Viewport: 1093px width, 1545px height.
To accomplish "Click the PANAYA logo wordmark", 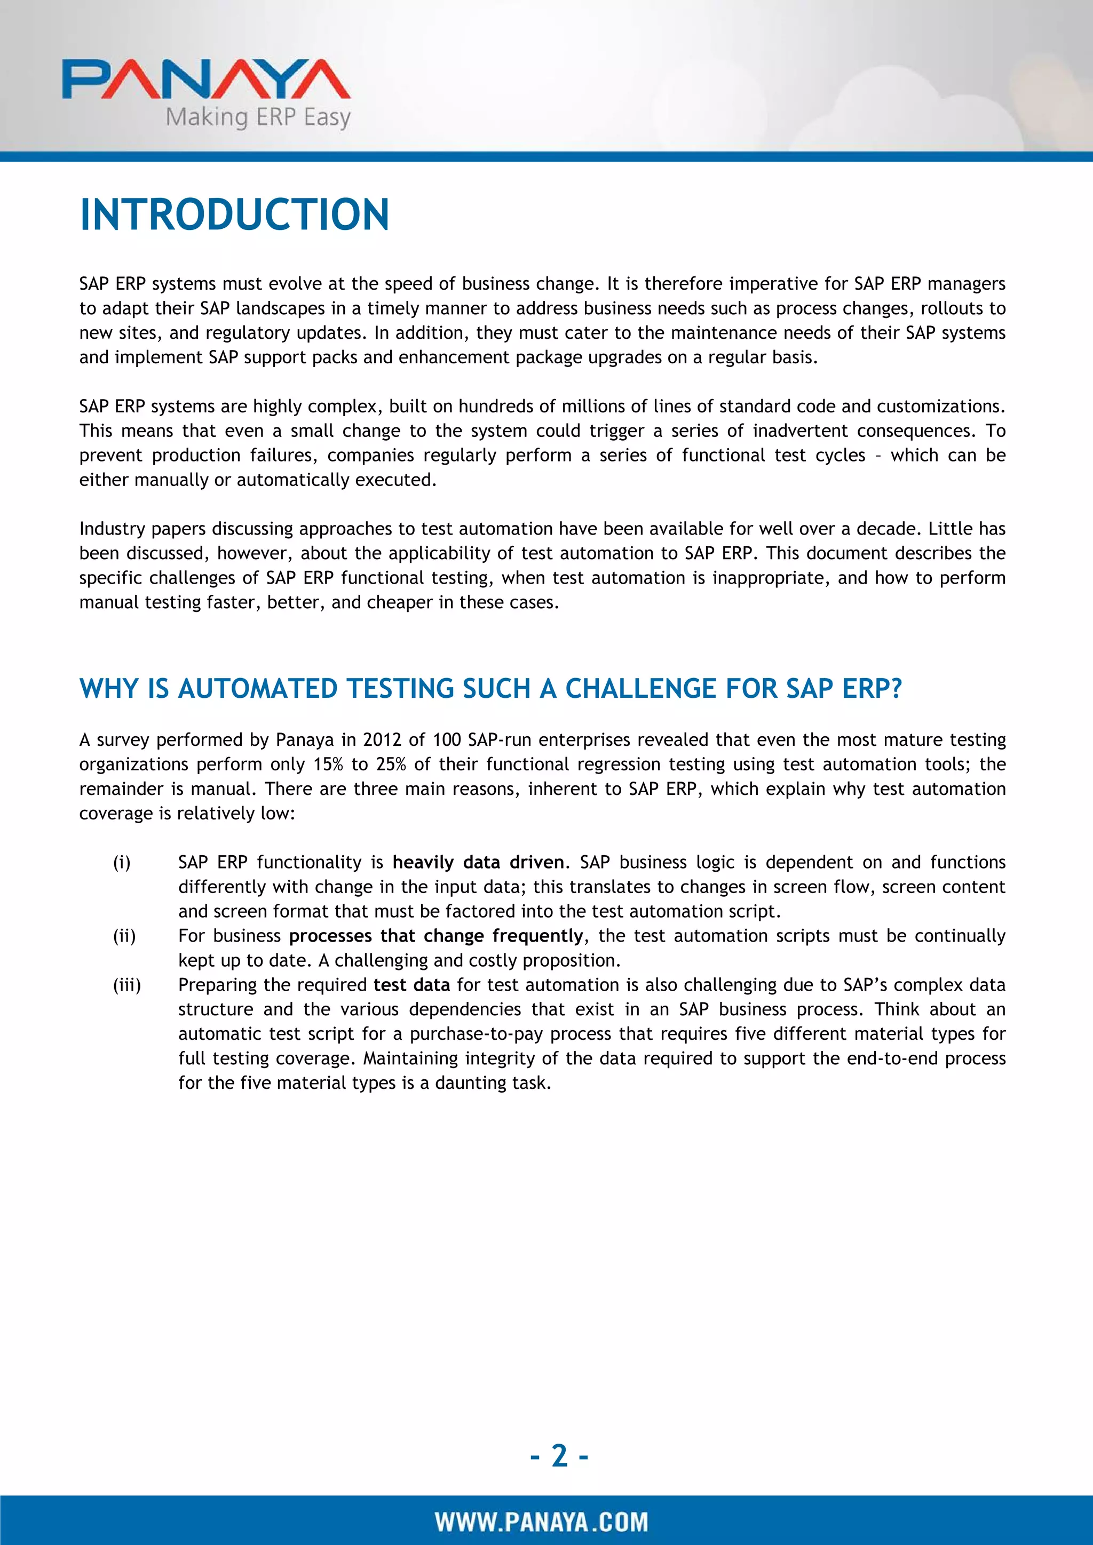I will coord(206,79).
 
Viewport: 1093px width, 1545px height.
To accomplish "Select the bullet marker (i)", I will coord(122,863).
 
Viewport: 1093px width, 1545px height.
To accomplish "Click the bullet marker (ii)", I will coord(124,936).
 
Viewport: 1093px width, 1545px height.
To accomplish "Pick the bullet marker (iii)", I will coord(126,985).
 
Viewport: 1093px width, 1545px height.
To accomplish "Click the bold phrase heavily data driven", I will coord(478,863).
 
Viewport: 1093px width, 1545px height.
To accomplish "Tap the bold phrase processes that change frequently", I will coord(436,936).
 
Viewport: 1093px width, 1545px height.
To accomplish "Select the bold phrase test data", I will coord(412,985).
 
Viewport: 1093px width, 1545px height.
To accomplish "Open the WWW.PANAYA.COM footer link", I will coord(541,1522).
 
